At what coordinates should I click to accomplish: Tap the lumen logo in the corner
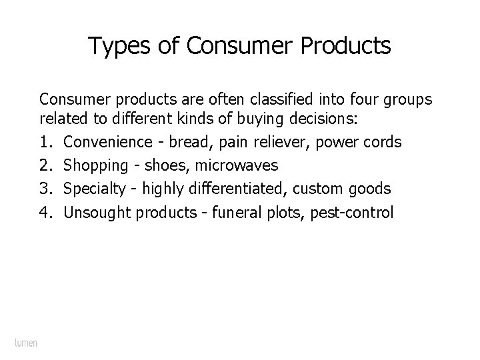(x=26, y=343)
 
